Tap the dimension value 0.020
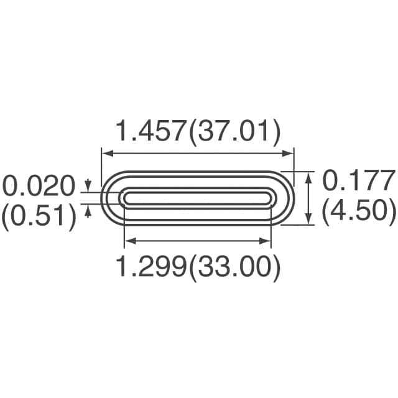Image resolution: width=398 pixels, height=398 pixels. pyautogui.click(x=39, y=185)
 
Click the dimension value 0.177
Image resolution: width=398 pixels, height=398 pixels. pyautogui.click(x=359, y=180)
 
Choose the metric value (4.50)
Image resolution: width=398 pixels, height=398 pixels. pyautogui.click(x=359, y=211)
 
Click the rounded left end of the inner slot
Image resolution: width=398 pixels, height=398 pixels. pyautogui.click(x=123, y=198)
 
